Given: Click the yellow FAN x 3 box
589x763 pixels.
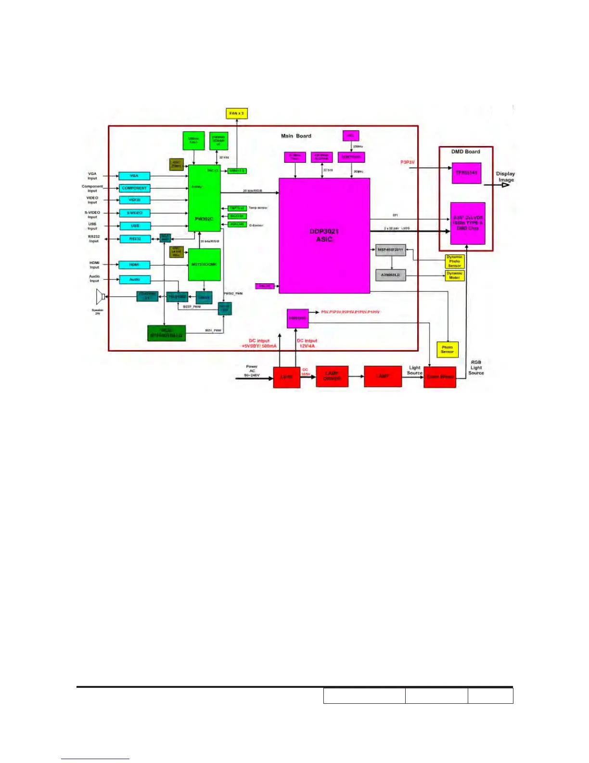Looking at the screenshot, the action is click(236, 114).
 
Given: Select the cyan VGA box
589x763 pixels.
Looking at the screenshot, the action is click(134, 176).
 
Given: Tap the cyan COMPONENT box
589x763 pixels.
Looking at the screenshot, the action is click(134, 188).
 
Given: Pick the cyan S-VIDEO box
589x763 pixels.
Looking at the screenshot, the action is click(134, 213).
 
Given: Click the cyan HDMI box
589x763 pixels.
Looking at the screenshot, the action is click(134, 264).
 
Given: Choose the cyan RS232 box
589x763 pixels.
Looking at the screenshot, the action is click(135, 239).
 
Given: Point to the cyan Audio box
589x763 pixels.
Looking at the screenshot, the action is click(134, 279).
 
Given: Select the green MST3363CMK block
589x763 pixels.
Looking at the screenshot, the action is click(204, 264).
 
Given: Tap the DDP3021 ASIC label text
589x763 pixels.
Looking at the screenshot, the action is click(324, 235).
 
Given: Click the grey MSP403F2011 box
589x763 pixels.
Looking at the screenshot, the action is click(390, 250).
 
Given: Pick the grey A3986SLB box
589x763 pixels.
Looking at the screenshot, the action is click(390, 275).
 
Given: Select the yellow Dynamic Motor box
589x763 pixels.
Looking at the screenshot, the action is click(454, 276).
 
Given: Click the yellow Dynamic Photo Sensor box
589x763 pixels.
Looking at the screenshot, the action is click(454, 262).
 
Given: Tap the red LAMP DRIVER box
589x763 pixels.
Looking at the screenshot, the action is click(332, 376).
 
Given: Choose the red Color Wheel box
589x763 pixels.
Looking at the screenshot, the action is click(440, 376).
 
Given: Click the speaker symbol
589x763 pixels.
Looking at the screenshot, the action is click(100, 297).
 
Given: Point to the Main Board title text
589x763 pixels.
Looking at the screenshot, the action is click(296, 136).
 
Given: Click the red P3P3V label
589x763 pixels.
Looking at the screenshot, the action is click(408, 162).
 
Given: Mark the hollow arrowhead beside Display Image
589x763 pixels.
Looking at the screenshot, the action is click(505, 184).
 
